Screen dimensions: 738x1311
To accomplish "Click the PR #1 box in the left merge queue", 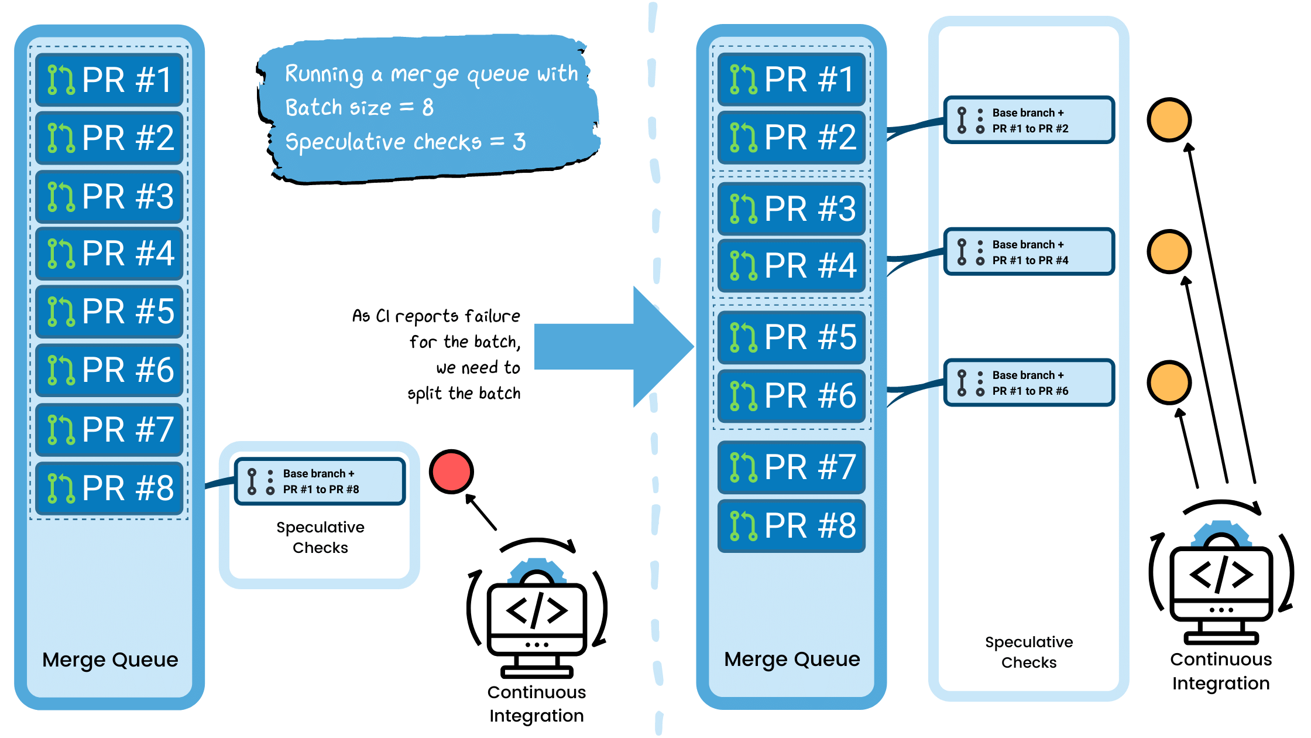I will (x=109, y=80).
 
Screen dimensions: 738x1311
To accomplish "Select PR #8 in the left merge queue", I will (x=109, y=488).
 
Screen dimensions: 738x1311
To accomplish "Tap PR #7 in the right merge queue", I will (x=791, y=467).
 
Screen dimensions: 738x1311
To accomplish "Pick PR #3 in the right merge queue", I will (x=791, y=209).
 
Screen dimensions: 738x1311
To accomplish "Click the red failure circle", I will (x=451, y=471).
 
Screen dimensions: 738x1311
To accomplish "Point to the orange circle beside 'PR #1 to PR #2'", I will (x=1169, y=120).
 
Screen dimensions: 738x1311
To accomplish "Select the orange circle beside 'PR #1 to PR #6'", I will (x=1169, y=382).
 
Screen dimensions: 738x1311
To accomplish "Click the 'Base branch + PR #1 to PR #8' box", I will (x=320, y=481).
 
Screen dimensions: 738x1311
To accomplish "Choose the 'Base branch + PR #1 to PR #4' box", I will (x=1029, y=252).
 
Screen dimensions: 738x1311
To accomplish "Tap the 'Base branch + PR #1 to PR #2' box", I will (x=1029, y=120).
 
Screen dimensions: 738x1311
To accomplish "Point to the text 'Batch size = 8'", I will (x=359, y=107).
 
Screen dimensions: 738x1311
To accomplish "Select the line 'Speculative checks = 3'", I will (x=405, y=142).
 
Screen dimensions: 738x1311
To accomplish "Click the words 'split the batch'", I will (x=464, y=393).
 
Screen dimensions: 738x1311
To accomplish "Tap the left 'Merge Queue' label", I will (x=110, y=660).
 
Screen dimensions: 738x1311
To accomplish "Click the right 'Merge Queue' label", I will (x=792, y=659).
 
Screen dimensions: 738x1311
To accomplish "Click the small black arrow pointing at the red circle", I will (x=481, y=512).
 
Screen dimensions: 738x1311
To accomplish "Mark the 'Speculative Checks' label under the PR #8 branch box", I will (x=320, y=537).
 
